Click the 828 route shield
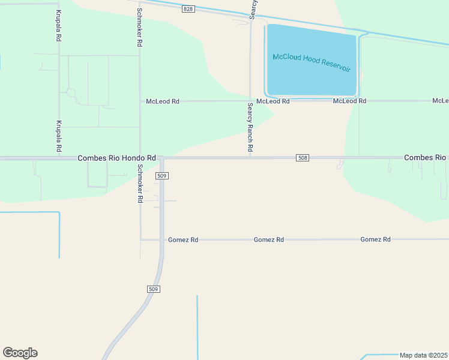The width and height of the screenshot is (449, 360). (188, 9)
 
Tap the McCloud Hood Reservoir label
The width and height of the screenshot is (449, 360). (311, 62)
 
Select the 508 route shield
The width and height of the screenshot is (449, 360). (303, 158)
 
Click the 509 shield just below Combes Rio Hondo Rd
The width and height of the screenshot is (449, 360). (161, 176)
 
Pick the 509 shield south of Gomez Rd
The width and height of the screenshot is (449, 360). (153, 289)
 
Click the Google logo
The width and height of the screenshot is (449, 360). (20, 353)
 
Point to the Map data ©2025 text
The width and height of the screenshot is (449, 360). (423, 355)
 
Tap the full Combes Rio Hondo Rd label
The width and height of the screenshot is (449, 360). (116, 158)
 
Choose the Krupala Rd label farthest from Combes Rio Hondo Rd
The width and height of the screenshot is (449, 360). (59, 25)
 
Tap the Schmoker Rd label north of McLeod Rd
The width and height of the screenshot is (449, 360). (139, 28)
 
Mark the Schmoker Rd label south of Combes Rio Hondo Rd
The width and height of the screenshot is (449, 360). (139, 183)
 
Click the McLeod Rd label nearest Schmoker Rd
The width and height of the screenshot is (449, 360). (163, 101)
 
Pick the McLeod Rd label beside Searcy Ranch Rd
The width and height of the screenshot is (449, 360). (273, 101)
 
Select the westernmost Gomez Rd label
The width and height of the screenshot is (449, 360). (183, 239)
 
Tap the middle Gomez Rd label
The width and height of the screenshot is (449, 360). (268, 239)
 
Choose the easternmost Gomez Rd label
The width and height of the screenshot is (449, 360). (375, 239)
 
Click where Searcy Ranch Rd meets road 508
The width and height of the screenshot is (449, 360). (250, 158)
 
